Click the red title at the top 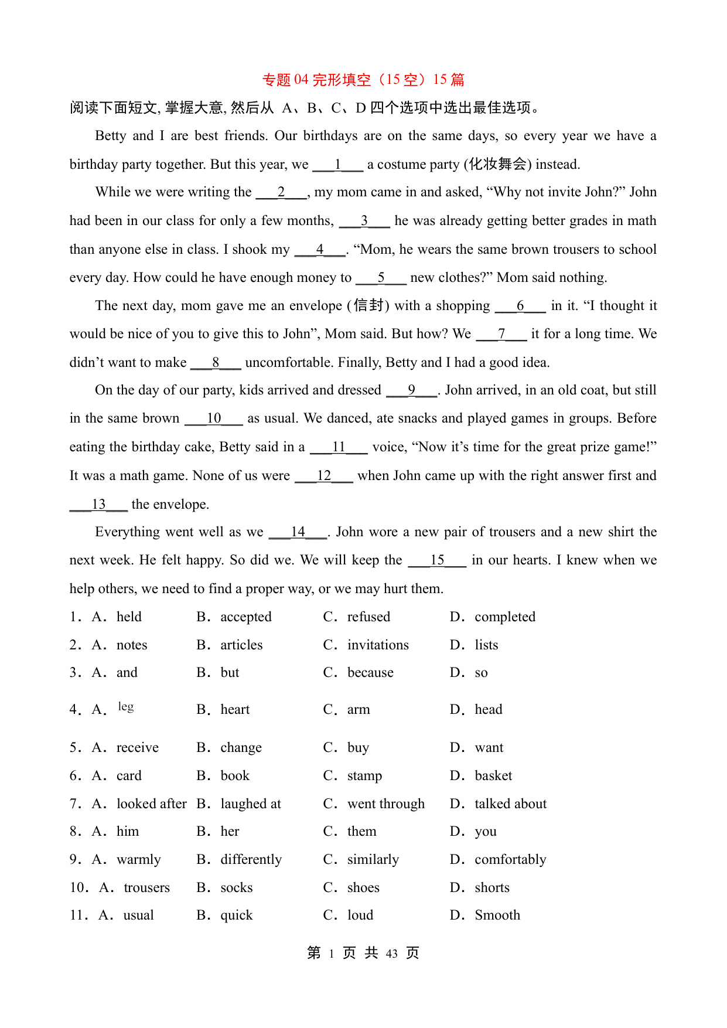pos(363,80)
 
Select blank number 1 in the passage pos(338,165)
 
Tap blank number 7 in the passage pos(501,334)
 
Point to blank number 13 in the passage pos(98,505)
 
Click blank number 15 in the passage pos(437,560)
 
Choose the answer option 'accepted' pos(245,617)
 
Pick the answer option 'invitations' pos(378,645)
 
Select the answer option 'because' pos(370,673)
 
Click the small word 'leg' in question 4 pos(126,707)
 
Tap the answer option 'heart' pos(235,710)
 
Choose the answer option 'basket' pos(493,776)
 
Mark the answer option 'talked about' pos(510,804)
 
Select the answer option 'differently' pos(251,860)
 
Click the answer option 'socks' pos(237,888)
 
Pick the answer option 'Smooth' pos(497,915)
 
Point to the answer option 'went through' pos(385,804)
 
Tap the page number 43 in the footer pos(392,954)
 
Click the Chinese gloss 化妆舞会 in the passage pos(497,165)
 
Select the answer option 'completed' pos(505,617)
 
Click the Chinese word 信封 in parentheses pos(368,306)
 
